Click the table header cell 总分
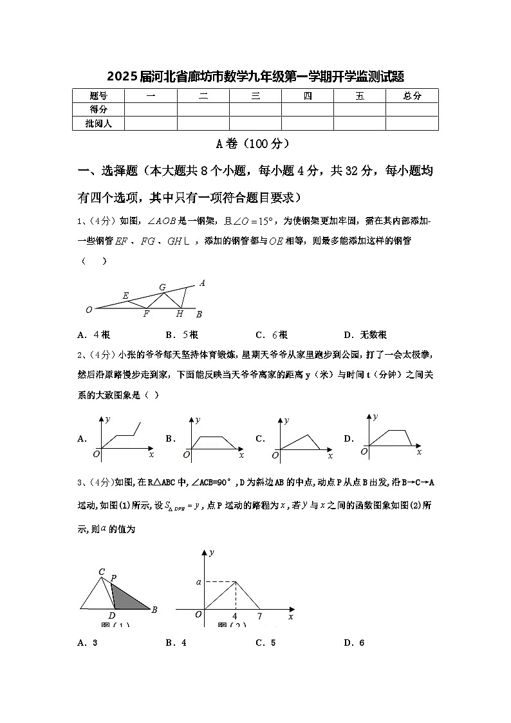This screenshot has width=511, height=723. point(412,96)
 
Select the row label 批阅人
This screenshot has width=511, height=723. point(98,123)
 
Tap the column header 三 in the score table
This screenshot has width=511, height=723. point(256,96)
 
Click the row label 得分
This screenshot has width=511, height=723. point(98,109)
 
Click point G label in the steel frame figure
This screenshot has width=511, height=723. point(162,287)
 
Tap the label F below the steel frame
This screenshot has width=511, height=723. point(146,314)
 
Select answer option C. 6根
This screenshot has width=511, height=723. point(272,335)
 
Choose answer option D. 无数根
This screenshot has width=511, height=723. point(365,335)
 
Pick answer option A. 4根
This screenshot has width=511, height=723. point(93,335)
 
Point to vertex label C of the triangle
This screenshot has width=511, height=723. point(102,572)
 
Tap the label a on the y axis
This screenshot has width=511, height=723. point(198,582)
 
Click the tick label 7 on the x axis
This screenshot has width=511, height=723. point(259,617)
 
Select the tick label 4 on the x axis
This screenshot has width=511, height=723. point(235,617)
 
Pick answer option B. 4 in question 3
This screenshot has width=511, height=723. point(176,643)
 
